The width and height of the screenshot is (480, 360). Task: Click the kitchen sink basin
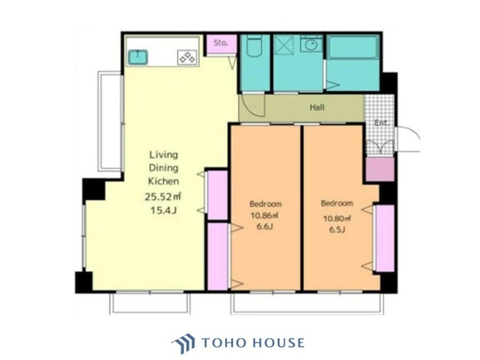[138, 57]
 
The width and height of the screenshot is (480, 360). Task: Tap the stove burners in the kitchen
[188, 57]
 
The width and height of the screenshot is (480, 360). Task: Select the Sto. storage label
[221, 43]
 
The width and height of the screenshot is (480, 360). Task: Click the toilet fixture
[254, 46]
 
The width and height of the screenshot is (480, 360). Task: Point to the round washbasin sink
[311, 45]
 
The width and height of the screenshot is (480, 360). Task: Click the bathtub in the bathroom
[353, 48]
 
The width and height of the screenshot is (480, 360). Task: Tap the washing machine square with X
[284, 45]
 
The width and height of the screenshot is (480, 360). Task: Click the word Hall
[317, 107]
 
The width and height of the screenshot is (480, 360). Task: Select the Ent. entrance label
[381, 123]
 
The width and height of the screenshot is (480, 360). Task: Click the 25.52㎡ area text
[163, 196]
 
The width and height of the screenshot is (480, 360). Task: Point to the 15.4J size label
[163, 210]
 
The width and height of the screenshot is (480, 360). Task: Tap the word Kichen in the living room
[163, 181]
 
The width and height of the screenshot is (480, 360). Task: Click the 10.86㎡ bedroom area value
[264, 215]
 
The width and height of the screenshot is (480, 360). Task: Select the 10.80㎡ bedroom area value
[337, 219]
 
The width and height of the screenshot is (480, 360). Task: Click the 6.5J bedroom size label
[337, 230]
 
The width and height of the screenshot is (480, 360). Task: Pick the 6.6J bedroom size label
[265, 226]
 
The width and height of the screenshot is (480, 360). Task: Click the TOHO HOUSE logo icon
[183, 343]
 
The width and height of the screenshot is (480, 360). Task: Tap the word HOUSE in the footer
[279, 343]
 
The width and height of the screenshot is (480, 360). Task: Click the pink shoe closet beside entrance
[380, 169]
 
